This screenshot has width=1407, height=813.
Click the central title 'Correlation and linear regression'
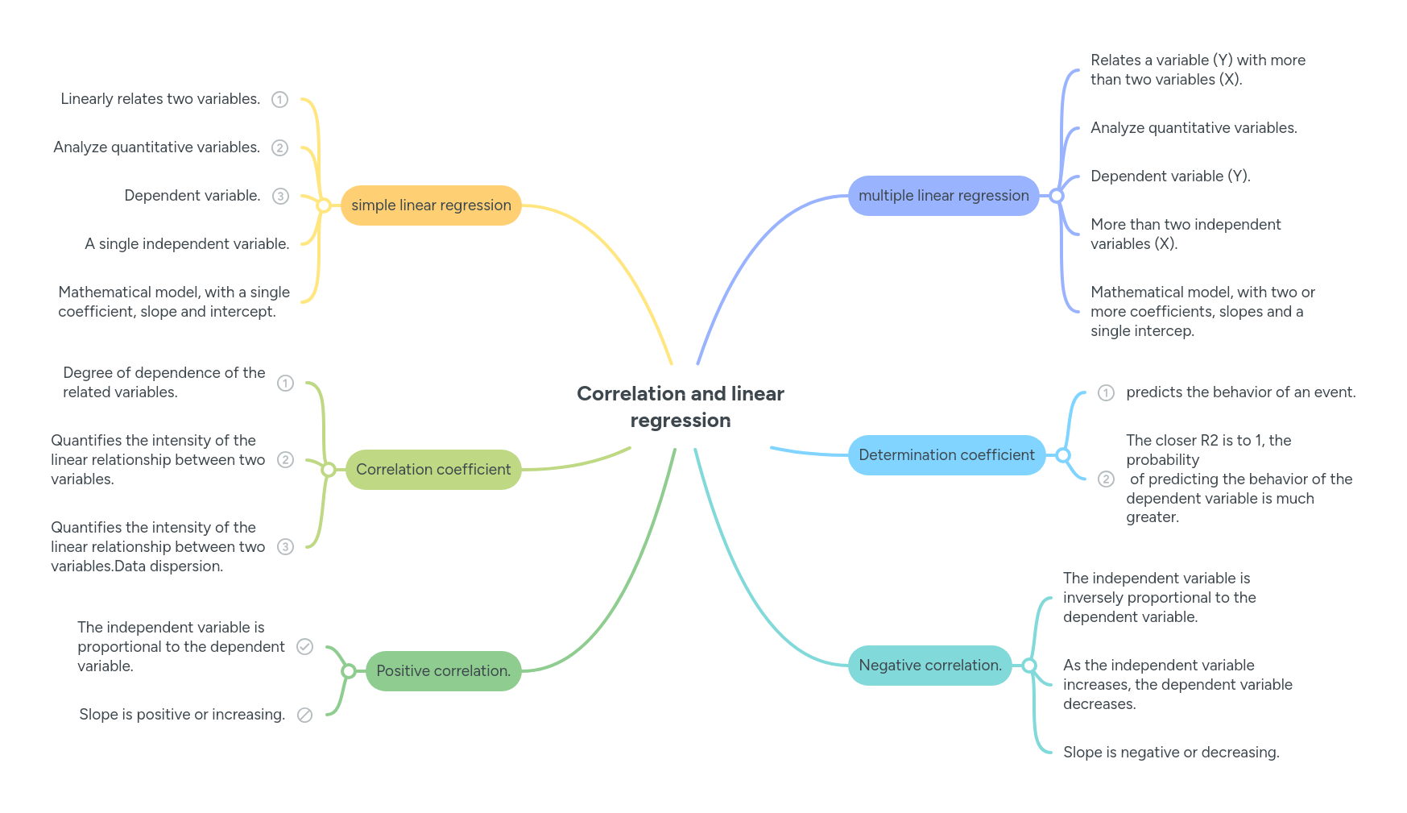coord(680,406)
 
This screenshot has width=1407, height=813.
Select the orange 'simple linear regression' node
coord(431,205)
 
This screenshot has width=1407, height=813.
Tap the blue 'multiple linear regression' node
coord(943,196)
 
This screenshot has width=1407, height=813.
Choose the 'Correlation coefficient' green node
coord(433,470)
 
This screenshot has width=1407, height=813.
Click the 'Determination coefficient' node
coord(946,455)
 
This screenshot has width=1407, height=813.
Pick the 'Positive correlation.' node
coord(443,671)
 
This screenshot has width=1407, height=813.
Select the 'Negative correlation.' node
coord(929,666)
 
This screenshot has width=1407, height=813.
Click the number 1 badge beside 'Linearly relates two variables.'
coord(279,100)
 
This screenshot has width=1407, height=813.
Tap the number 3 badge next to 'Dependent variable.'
coord(279,197)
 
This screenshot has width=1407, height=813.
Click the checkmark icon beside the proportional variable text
coord(304,647)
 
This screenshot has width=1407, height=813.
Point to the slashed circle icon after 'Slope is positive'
coord(304,716)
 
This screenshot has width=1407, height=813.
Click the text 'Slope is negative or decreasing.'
coord(1170,753)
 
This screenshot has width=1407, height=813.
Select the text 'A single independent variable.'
coord(187,244)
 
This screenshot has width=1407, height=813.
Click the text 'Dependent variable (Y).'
coord(1169,176)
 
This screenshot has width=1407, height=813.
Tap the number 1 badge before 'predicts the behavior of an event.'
coord(1106,393)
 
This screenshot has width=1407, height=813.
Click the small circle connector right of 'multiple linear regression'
coord(1057,196)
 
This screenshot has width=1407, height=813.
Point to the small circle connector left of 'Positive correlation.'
coord(348,671)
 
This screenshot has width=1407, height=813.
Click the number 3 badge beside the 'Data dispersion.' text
coord(285,547)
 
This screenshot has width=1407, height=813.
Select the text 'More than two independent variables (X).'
coord(1185,234)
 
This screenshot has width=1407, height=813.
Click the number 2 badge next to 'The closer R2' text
coord(1106,479)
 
